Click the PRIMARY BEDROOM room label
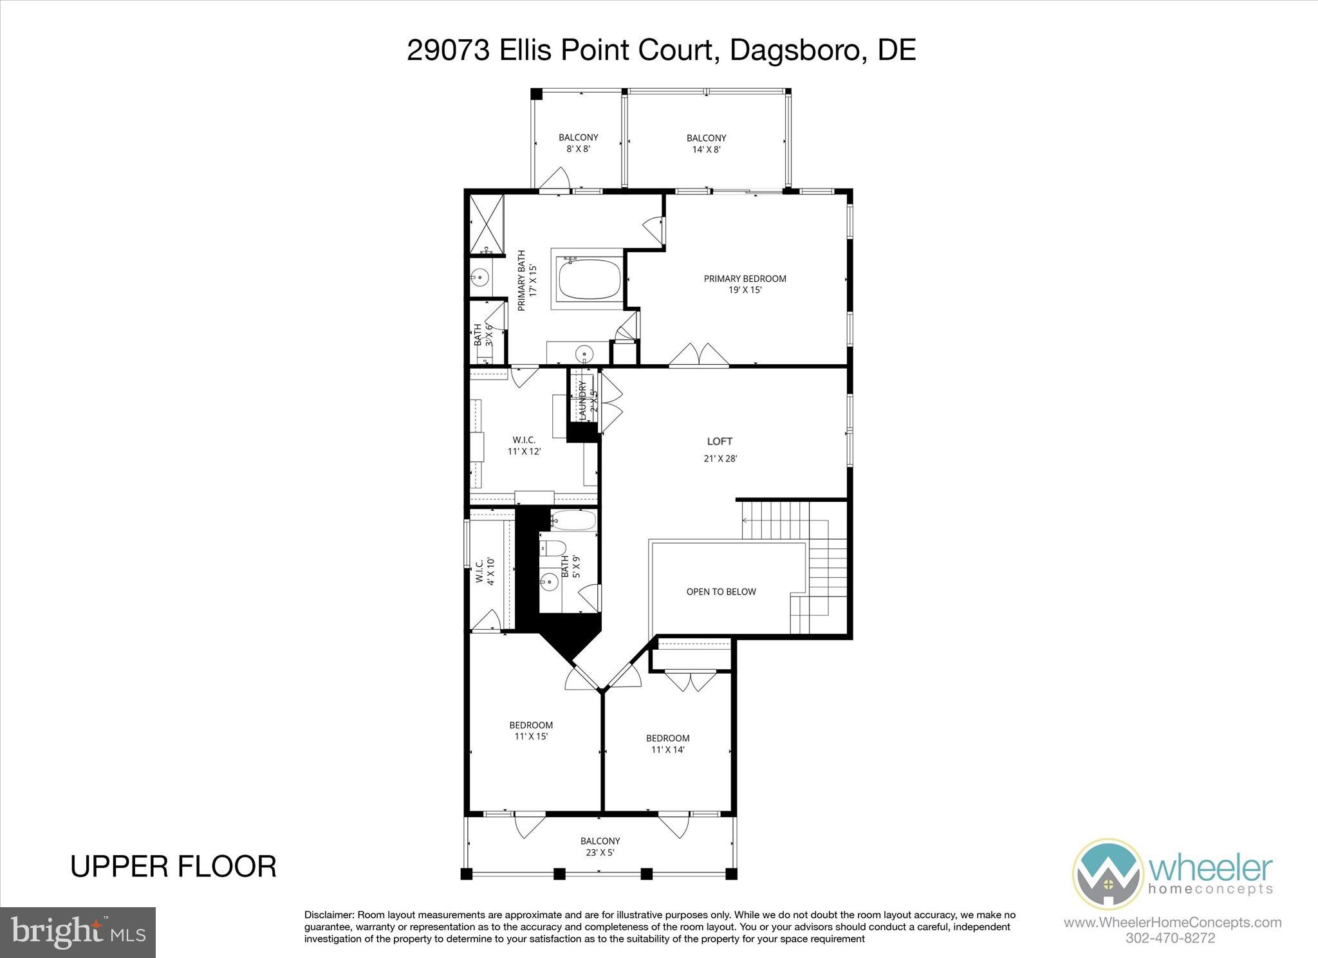(x=745, y=279)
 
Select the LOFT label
(x=719, y=441)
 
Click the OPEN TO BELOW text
(x=721, y=591)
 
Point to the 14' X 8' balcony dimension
(x=706, y=149)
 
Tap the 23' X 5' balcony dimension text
(x=600, y=853)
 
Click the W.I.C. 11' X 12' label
(x=524, y=445)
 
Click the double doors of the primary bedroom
(x=699, y=355)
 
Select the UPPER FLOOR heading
(x=173, y=866)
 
